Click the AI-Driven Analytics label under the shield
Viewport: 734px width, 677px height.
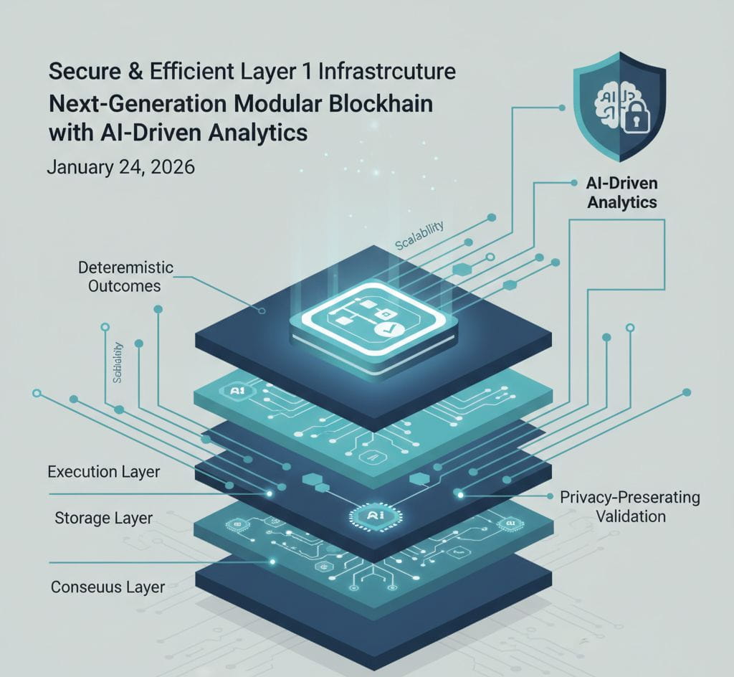[x=621, y=193]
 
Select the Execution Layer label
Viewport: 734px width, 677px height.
[x=103, y=472]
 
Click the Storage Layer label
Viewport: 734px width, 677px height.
[x=103, y=517]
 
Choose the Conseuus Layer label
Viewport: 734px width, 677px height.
[x=108, y=587]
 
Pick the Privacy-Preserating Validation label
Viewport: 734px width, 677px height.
[x=630, y=506]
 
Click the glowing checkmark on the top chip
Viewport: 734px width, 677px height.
[x=383, y=329]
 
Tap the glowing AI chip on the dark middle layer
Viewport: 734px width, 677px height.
[x=372, y=516]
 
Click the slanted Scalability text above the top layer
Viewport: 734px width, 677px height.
[x=419, y=236]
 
